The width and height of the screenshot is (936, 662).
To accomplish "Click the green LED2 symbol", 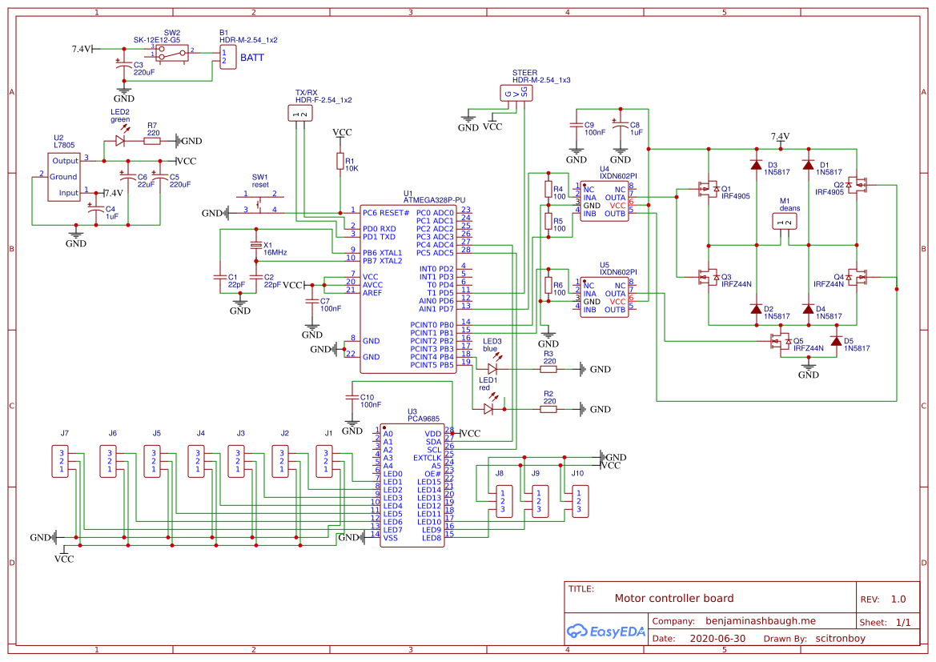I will coord(120,140).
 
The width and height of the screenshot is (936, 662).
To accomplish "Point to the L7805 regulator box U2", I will coord(64,177).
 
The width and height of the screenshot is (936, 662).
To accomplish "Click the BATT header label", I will coord(252,58).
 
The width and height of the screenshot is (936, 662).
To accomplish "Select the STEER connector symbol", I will coord(516,94).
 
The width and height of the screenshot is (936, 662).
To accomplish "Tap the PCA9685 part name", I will coord(424,418).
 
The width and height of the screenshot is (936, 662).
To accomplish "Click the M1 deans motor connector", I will coord(785,221).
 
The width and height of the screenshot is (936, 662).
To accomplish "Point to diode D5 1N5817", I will coord(836,342).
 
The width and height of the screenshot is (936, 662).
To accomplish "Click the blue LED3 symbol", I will coord(492,369).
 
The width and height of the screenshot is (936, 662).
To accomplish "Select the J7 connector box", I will coord(62,461).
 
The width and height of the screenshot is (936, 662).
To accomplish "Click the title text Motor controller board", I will coord(673,598).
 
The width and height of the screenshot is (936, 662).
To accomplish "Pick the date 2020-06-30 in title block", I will coord(717,639).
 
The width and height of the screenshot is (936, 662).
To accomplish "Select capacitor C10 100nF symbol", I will coord(351,397).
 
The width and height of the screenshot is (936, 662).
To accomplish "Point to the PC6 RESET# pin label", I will coord(386,212).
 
